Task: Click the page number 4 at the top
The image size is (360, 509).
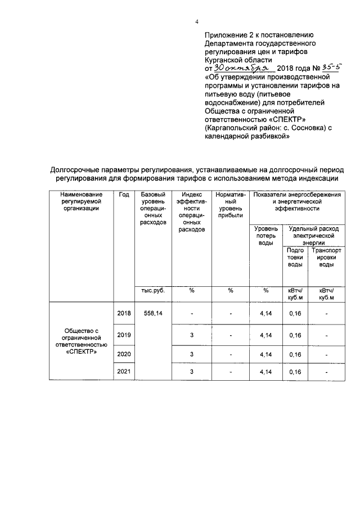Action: click(x=196, y=22)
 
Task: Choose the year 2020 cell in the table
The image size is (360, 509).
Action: click(x=124, y=354)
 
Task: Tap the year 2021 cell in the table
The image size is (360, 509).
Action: click(x=124, y=372)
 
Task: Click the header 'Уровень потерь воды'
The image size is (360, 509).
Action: click(x=265, y=236)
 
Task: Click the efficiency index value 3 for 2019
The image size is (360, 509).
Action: click(x=191, y=335)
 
